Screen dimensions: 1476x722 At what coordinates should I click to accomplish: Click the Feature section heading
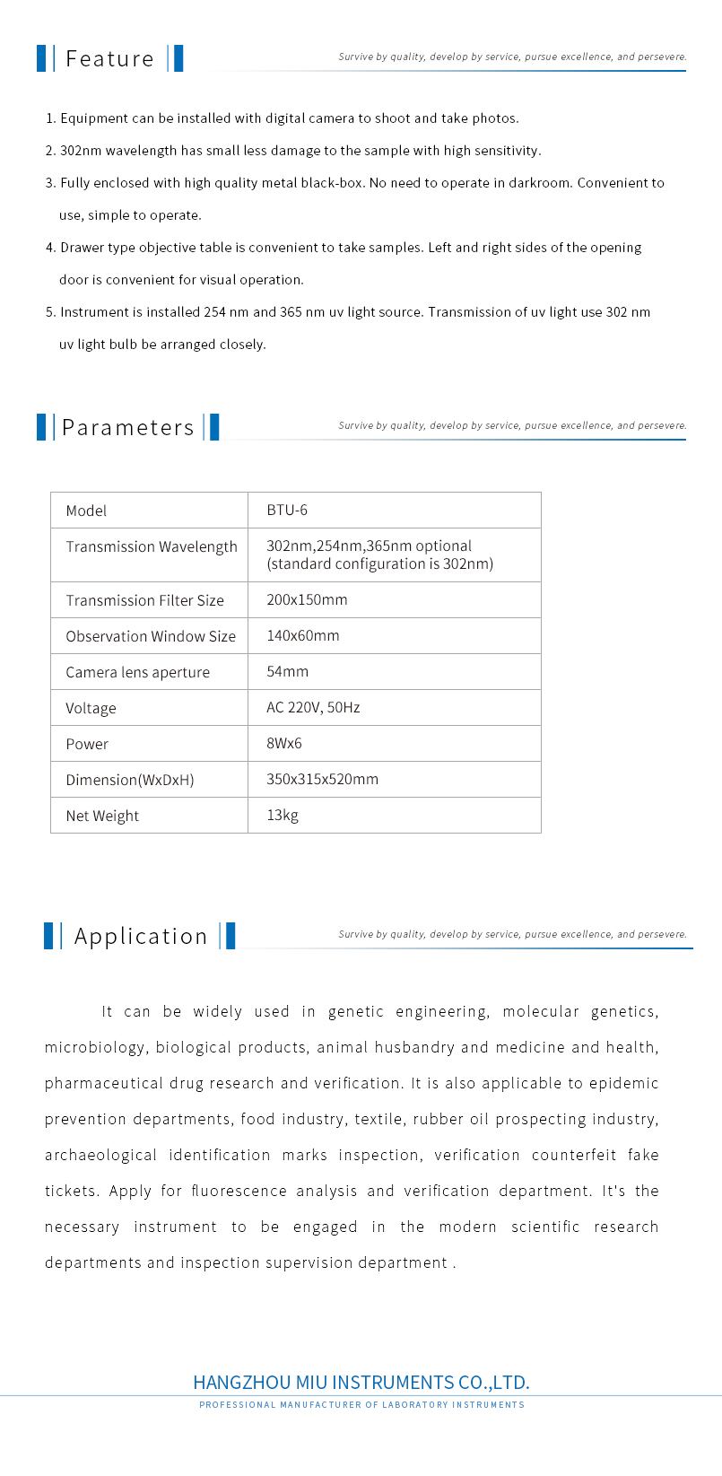(109, 59)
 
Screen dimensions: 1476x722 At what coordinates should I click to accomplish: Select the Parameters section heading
(127, 428)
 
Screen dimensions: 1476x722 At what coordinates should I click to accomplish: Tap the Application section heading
(141, 937)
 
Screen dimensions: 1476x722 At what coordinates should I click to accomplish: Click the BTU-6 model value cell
(287, 511)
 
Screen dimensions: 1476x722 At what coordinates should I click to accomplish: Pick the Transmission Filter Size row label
(144, 600)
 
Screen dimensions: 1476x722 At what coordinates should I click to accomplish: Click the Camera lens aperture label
(137, 672)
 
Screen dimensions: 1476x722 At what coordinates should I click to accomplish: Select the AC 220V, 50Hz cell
(313, 707)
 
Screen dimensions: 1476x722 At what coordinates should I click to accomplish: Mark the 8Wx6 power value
(284, 743)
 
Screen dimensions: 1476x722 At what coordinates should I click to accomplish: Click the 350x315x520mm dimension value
(322, 779)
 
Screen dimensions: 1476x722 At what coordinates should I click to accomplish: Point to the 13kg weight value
(283, 815)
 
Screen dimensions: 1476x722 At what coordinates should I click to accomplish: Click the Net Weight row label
(102, 816)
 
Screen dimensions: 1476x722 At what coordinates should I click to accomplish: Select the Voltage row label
(91, 708)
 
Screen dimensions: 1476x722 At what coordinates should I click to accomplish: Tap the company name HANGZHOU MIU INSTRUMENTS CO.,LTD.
(361, 1382)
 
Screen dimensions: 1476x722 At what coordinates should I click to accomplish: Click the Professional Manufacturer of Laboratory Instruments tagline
(361, 1405)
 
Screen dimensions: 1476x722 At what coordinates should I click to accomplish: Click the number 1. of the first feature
(50, 118)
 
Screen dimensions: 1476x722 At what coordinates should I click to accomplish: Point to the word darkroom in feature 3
(540, 183)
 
